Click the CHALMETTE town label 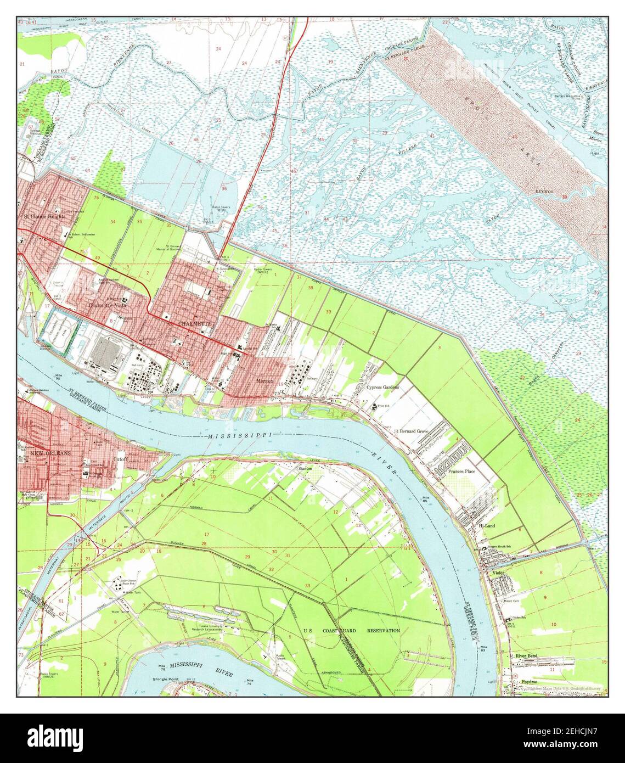coord(194,324)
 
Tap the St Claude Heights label coord(44,216)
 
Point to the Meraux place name coord(264,379)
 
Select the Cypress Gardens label coord(382,386)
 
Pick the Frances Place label coord(461,471)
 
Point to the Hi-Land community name coord(486,525)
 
